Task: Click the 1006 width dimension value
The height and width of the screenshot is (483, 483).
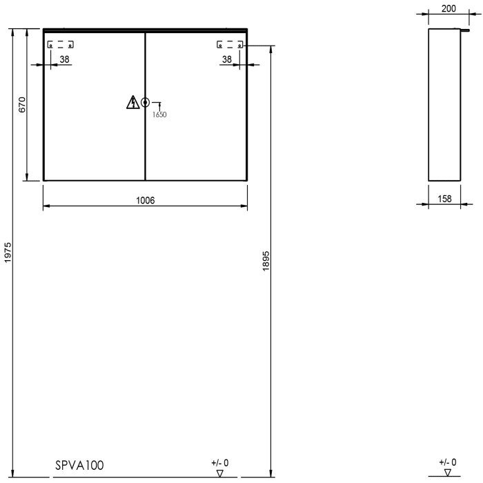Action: (x=145, y=200)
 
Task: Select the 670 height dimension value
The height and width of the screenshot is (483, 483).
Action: (x=22, y=105)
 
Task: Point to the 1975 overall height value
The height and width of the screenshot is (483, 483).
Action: (x=8, y=253)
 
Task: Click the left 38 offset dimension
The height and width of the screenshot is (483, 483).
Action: (x=64, y=60)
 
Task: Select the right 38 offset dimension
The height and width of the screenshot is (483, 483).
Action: (x=226, y=60)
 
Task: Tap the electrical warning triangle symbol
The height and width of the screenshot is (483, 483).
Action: (x=132, y=103)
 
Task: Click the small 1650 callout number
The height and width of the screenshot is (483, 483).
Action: (x=159, y=115)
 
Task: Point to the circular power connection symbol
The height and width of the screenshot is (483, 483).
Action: (x=145, y=103)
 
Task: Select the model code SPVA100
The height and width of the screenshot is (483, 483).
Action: (x=79, y=466)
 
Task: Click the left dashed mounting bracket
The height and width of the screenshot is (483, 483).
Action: (x=60, y=45)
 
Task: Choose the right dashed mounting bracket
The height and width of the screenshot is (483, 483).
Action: (x=230, y=45)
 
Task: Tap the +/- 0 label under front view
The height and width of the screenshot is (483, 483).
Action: (x=219, y=462)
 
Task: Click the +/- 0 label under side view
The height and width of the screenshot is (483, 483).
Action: (x=447, y=462)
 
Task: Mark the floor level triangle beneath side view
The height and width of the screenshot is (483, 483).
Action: (x=447, y=473)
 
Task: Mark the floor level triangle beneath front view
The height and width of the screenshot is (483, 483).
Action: (x=219, y=473)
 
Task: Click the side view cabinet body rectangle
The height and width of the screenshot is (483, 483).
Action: (x=445, y=105)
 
